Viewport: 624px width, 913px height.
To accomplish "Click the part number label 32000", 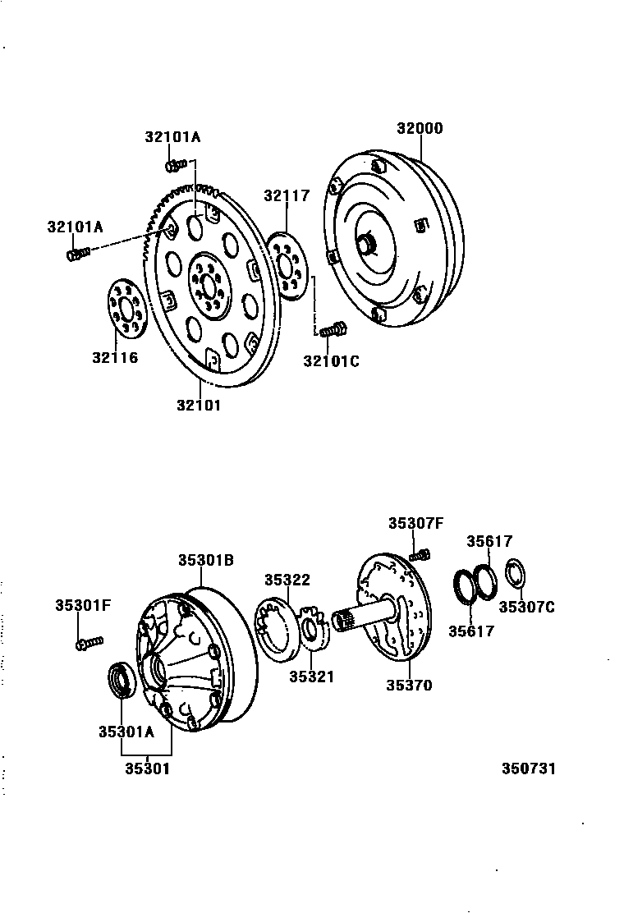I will click(x=420, y=128).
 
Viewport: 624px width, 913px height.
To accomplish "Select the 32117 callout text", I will click(x=287, y=195).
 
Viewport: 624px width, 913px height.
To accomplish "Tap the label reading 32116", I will click(x=115, y=357).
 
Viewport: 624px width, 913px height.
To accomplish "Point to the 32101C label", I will click(x=331, y=360).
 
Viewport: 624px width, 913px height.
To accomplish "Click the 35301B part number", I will click(x=206, y=560).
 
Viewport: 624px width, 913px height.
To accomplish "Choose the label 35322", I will click(x=287, y=580).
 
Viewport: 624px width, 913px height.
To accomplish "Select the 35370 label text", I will click(x=409, y=686).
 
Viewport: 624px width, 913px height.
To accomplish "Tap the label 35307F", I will click(x=415, y=522).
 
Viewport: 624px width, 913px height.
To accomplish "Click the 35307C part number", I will click(x=527, y=608).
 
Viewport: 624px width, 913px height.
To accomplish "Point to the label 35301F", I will click(x=83, y=606).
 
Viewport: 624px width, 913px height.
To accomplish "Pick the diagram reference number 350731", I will click(x=529, y=769).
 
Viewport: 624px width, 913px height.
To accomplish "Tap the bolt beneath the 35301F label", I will click(x=89, y=642).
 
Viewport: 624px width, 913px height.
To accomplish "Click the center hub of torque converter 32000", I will click(x=366, y=243).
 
